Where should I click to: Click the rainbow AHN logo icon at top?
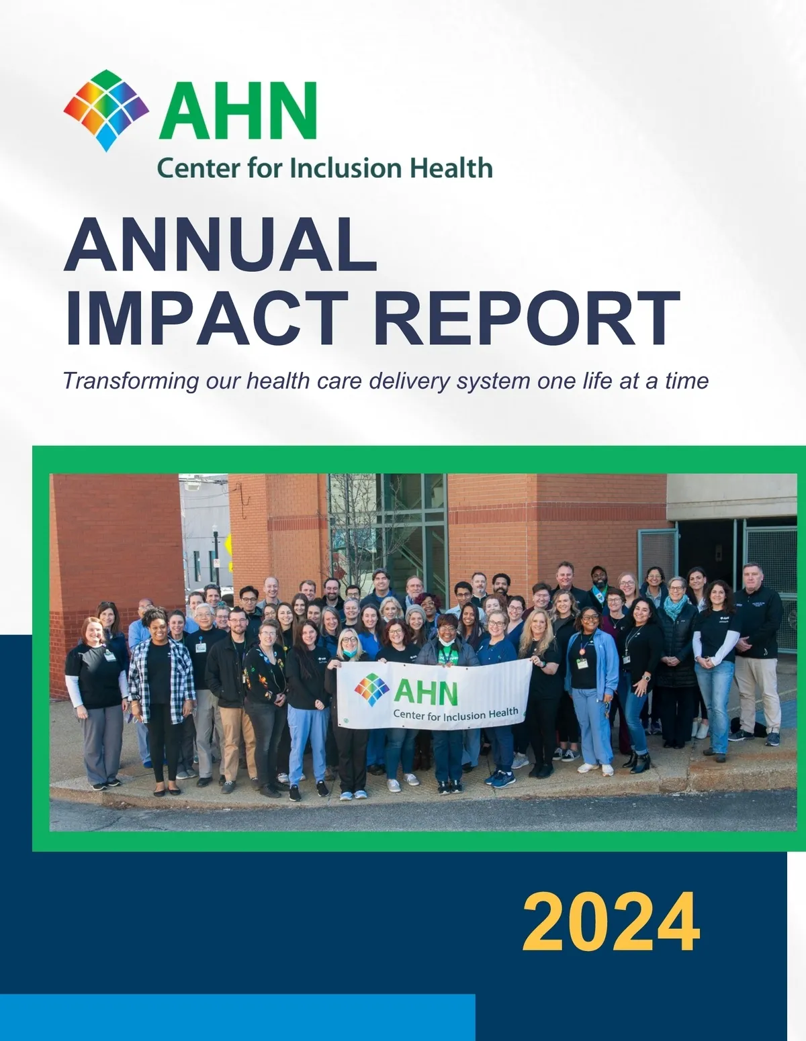[106, 110]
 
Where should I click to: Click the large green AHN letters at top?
[239, 111]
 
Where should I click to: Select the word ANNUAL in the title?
[221, 245]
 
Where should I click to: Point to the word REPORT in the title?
[527, 317]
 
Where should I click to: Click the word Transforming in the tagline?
[131, 382]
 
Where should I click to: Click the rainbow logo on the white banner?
[371, 690]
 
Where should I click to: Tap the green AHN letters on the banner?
[426, 692]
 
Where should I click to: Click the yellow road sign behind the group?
[229, 548]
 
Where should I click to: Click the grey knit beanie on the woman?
[415, 611]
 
